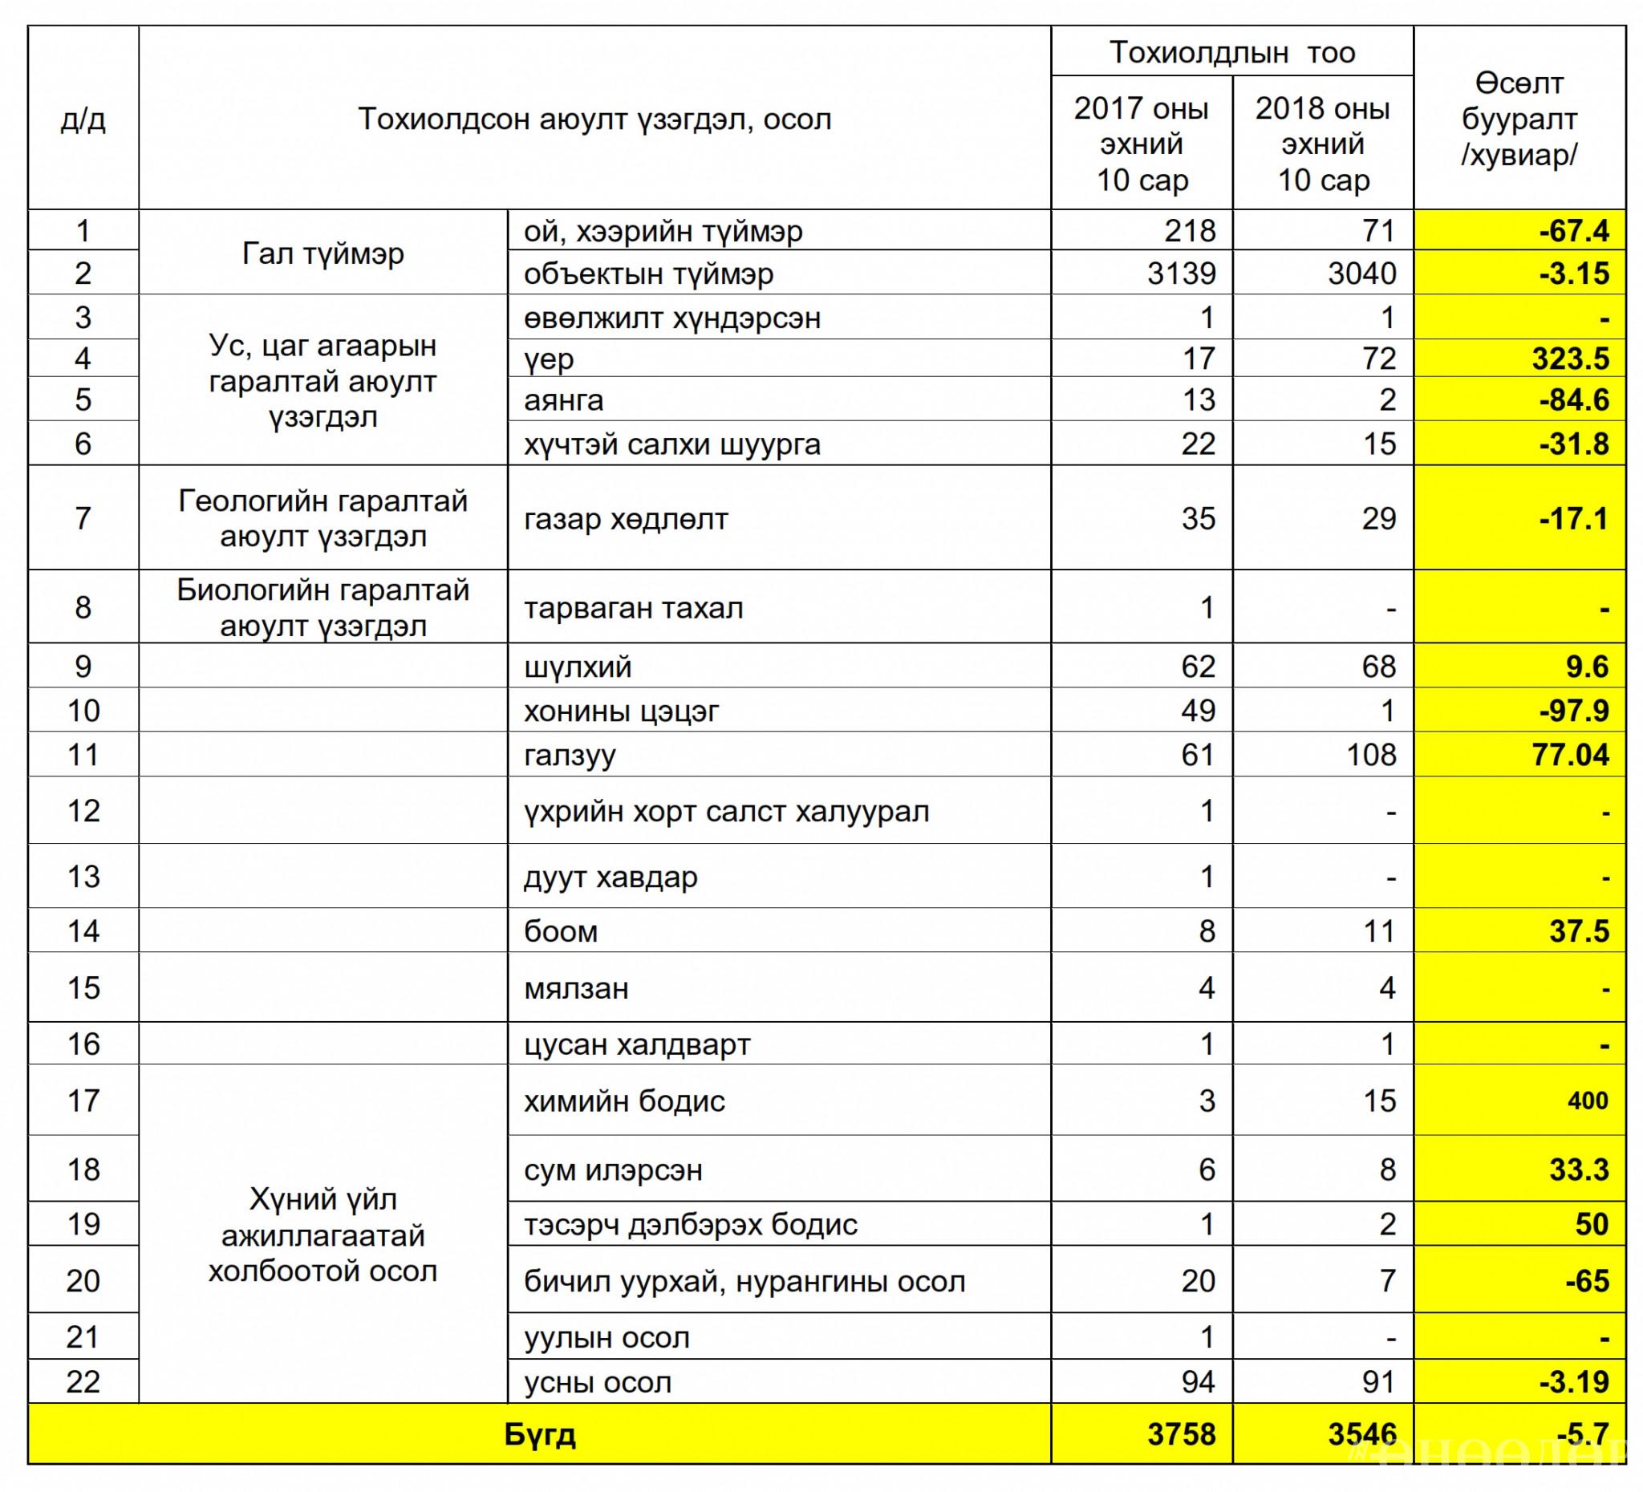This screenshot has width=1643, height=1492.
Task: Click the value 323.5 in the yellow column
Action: [1570, 359]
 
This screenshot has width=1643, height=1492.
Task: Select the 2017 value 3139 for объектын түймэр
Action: [1181, 273]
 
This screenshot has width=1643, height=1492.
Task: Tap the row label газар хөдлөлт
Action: [625, 518]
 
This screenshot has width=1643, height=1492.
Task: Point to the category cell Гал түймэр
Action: [323, 253]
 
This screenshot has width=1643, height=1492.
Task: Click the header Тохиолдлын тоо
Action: [1231, 52]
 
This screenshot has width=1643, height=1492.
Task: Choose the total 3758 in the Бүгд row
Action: [1181, 1433]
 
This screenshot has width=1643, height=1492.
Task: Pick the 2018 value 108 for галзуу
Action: [1372, 755]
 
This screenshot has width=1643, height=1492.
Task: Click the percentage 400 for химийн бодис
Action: [1587, 1101]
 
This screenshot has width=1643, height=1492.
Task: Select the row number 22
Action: [83, 1382]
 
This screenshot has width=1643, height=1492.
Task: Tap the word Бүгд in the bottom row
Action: [540, 1433]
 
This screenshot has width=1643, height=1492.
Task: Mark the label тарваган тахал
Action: [633, 608]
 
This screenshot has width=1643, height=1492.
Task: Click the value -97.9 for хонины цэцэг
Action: [1574, 711]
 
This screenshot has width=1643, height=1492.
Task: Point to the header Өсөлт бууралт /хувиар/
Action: [1519, 119]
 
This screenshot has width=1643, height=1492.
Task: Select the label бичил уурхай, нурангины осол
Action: [744, 1282]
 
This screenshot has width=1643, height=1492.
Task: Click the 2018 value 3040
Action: [1362, 273]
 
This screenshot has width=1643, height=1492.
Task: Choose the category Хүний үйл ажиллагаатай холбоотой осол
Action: [323, 1235]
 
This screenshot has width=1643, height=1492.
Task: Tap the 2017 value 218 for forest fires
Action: [1189, 230]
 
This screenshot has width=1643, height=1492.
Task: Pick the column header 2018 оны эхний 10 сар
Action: [1322, 144]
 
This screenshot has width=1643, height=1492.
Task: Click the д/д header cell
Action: [83, 119]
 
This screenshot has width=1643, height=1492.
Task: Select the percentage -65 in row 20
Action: [1587, 1282]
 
